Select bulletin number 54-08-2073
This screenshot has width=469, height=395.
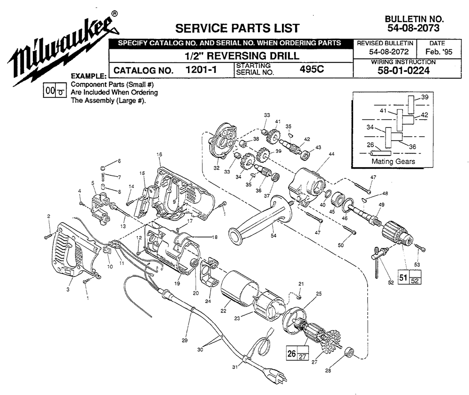coord(414,28)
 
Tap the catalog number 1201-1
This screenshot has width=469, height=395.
coord(201,70)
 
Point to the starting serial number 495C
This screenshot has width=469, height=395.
coord(312,69)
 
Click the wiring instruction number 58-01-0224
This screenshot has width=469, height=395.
coord(403,71)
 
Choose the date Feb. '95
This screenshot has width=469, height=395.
coord(439,52)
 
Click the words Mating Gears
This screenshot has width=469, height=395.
coord(393,161)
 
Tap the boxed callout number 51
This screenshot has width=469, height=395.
coord(403,277)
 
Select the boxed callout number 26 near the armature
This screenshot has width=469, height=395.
coord(292,353)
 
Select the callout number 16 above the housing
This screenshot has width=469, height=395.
coord(159,155)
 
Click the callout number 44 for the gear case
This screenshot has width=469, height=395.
coord(332,154)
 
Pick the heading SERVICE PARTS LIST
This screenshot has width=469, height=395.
coord(237,29)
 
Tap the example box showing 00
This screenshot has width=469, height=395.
coord(50,90)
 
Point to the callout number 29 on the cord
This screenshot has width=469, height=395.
coord(184,340)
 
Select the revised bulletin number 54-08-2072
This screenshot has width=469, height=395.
coord(389,52)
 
